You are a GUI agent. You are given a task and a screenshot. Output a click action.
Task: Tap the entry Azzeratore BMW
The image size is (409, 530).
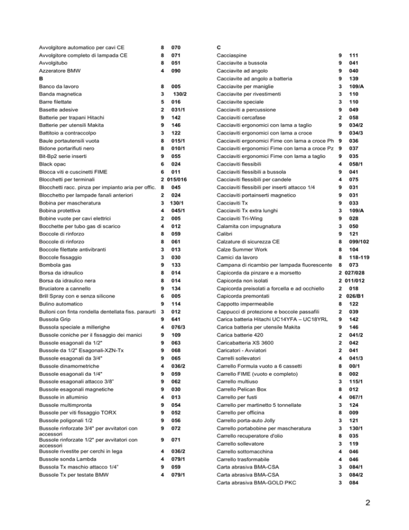[x=60, y=70]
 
